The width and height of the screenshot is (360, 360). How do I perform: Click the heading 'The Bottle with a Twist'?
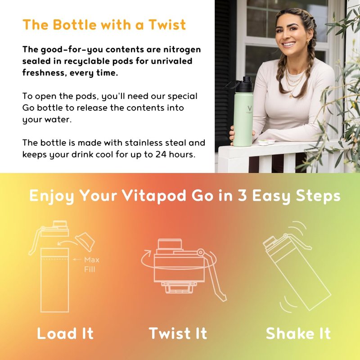[x=104, y=25]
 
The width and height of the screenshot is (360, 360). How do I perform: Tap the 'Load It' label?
[x=65, y=333]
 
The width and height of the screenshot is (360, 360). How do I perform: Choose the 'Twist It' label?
[x=178, y=333]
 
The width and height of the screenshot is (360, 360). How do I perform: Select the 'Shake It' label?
[x=298, y=333]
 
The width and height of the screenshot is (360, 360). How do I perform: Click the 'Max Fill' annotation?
[x=92, y=264]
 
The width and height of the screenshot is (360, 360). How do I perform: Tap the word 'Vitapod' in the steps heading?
[x=154, y=196]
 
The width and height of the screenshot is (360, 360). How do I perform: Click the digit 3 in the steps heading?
[x=242, y=195]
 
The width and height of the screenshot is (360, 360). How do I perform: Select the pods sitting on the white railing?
[x=266, y=142]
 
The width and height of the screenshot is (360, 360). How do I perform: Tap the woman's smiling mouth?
[x=289, y=44]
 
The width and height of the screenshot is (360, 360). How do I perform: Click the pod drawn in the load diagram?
[x=85, y=242]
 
